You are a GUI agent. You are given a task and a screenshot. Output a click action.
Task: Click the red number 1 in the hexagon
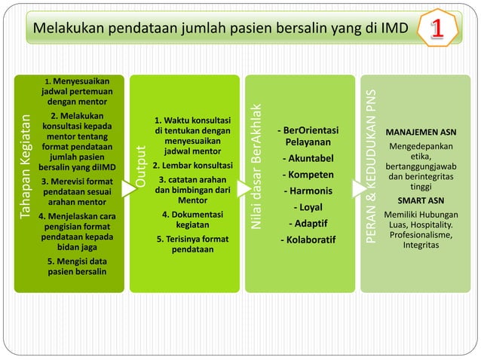coord(440,29)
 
